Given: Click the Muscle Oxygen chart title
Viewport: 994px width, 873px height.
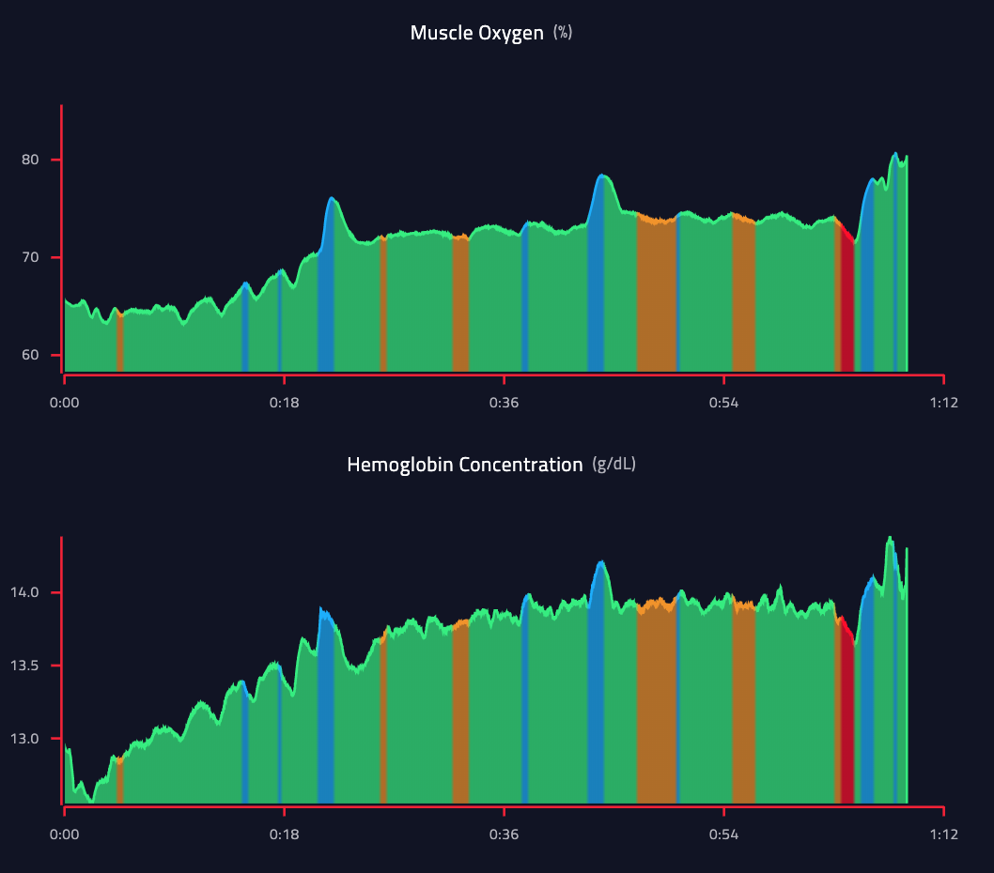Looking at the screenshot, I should (476, 33).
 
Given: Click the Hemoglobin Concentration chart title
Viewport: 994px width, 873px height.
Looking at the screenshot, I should (464, 465).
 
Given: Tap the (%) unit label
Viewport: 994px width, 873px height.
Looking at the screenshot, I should (563, 33).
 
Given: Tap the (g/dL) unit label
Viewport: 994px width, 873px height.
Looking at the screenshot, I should (613, 465).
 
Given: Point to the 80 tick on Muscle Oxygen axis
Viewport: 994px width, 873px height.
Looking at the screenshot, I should (31, 160).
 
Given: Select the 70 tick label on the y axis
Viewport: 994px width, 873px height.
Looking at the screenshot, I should (31, 257).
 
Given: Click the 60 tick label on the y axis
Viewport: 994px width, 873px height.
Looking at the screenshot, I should (31, 355).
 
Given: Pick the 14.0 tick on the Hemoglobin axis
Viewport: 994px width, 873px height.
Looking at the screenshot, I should (26, 592).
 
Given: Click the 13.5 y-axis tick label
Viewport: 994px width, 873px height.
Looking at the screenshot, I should (26, 666).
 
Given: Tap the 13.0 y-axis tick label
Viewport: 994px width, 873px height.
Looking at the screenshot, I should (26, 739).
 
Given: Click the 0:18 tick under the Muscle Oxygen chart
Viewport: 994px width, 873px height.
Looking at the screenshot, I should (284, 403).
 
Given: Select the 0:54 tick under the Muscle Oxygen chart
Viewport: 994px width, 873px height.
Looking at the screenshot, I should (723, 403).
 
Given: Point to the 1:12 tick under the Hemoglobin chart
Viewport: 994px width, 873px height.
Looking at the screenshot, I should (943, 835).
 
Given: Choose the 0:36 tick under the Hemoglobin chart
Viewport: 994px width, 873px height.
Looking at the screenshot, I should (504, 835).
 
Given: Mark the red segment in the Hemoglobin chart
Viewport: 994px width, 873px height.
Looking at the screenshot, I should (846, 723).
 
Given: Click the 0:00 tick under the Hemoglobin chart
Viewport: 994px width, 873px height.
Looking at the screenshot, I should (64, 835).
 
